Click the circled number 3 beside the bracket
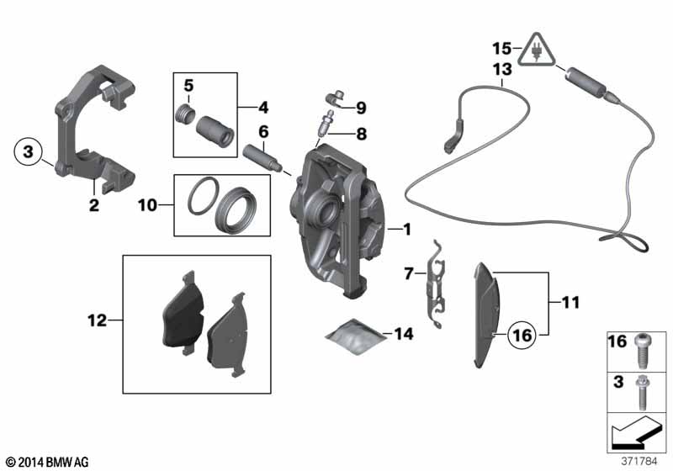point(29,151)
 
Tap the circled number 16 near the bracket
point(522,335)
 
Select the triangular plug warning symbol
point(536,50)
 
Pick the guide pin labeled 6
point(263,158)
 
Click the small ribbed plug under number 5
point(186,115)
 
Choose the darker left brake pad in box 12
point(183,313)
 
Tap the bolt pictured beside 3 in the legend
point(643,393)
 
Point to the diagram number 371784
point(639,462)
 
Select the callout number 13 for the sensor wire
point(502,69)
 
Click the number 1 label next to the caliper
point(406,230)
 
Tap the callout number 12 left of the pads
point(97,320)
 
